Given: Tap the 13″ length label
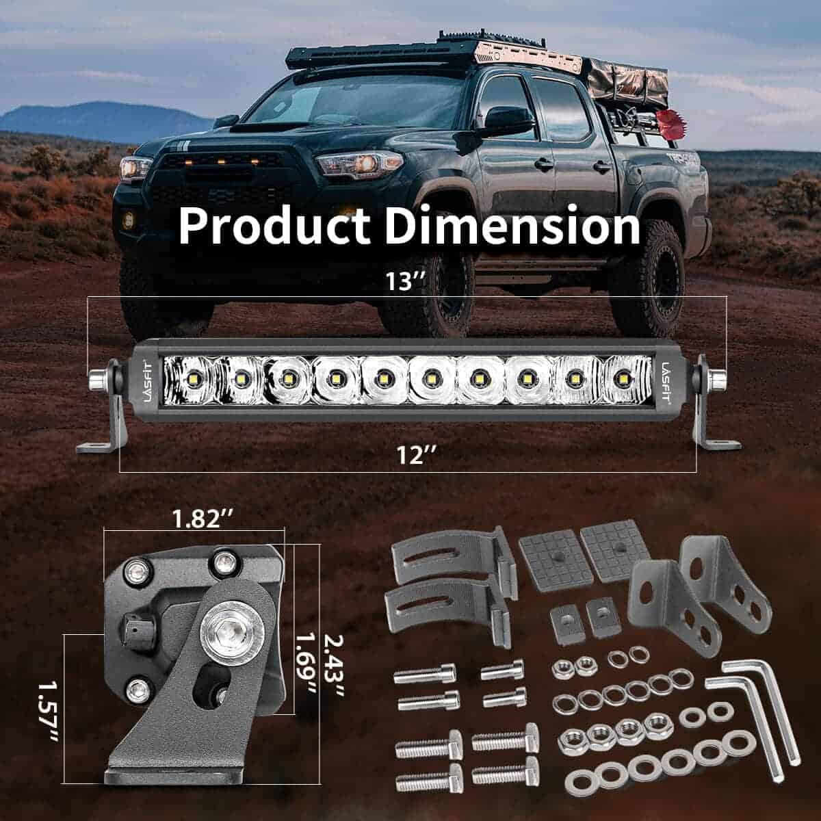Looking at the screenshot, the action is (405, 281).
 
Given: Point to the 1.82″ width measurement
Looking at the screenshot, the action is (203, 519).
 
